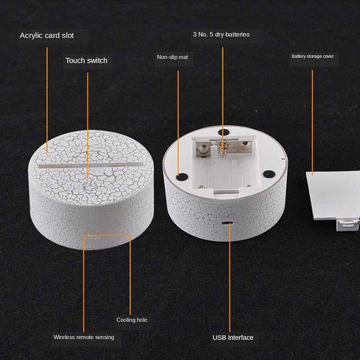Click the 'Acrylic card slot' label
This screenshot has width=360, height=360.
click(47, 35)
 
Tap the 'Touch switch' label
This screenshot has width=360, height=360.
click(86, 60)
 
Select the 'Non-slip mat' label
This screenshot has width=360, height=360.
click(173, 57)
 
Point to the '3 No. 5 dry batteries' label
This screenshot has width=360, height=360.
click(221, 34)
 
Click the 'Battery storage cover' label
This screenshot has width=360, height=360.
click(312, 56)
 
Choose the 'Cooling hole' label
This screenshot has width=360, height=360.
click(132, 320)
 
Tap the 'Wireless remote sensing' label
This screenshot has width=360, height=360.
click(84, 337)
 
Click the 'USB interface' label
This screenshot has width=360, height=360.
click(233, 337)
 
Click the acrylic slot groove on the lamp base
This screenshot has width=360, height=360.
click(91, 165)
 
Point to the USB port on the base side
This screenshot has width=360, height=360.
click(228, 223)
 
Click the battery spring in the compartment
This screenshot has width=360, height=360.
click(222, 149)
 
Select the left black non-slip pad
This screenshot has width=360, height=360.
click(182, 176)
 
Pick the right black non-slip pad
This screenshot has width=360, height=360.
click(269, 174)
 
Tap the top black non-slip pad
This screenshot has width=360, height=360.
click(224, 132)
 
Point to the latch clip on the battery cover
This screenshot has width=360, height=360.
click(347, 225)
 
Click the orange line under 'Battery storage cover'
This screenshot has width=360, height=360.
click(312, 123)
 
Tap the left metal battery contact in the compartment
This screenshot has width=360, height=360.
click(203, 149)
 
